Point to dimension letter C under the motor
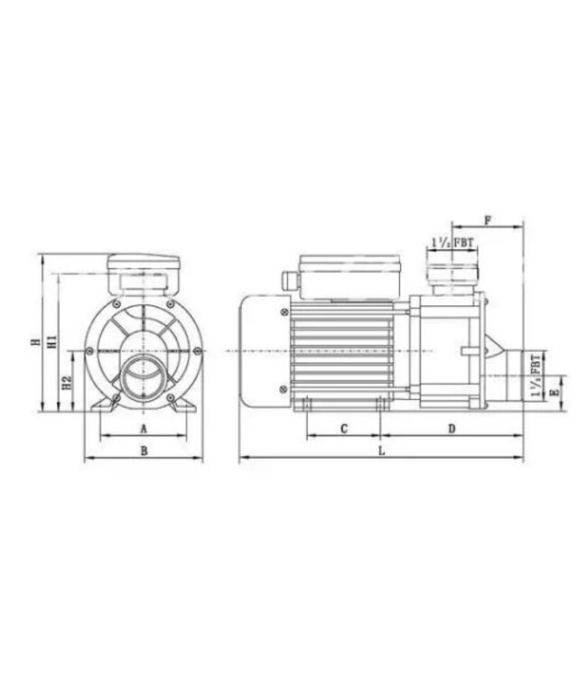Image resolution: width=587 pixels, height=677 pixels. pos(343,428)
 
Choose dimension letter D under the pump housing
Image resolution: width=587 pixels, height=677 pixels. pos(452,428)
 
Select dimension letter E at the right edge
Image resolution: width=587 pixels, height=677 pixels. pos(554,393)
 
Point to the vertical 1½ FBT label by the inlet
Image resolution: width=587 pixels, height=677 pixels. pos(538,376)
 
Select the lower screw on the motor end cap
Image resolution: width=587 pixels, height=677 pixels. pos(285,388)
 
